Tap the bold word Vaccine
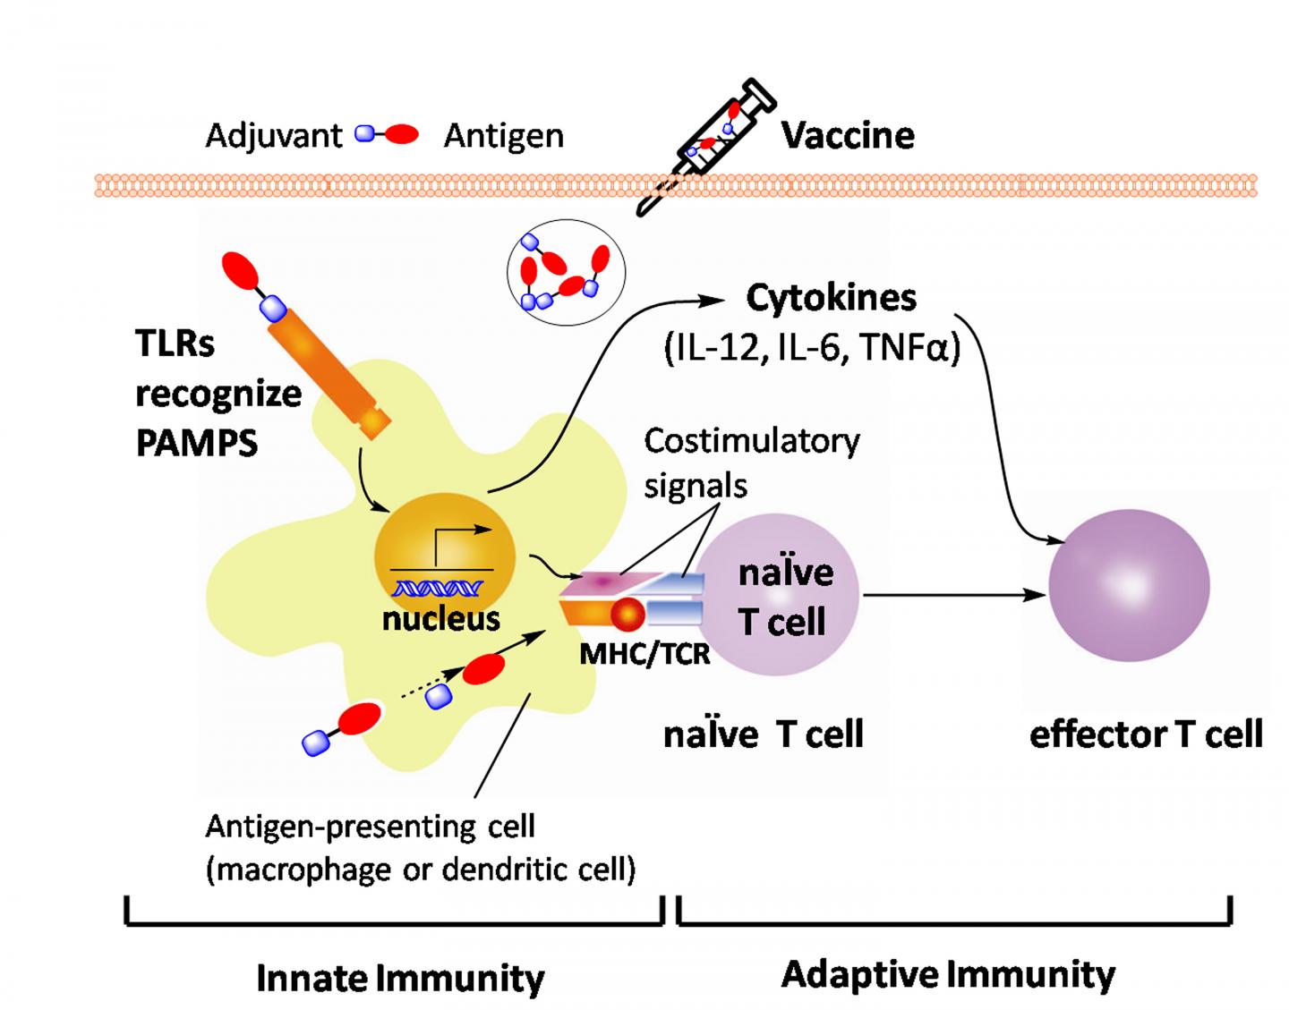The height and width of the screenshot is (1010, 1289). click(x=848, y=136)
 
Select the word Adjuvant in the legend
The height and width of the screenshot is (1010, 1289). click(x=273, y=136)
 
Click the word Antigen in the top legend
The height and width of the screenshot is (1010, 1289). click(x=504, y=136)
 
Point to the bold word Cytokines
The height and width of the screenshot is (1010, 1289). click(x=831, y=298)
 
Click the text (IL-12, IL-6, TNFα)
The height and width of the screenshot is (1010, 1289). click(x=812, y=348)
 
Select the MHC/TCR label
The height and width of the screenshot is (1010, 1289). click(x=644, y=654)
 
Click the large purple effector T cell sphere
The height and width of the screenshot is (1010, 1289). click(x=1129, y=585)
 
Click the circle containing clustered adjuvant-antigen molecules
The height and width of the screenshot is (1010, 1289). click(x=566, y=271)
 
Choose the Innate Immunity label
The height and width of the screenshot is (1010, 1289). click(x=400, y=978)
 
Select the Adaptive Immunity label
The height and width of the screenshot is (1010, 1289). click(x=948, y=973)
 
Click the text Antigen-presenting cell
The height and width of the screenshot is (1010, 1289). click(x=370, y=826)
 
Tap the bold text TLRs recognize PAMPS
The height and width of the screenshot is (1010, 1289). click(x=218, y=393)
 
